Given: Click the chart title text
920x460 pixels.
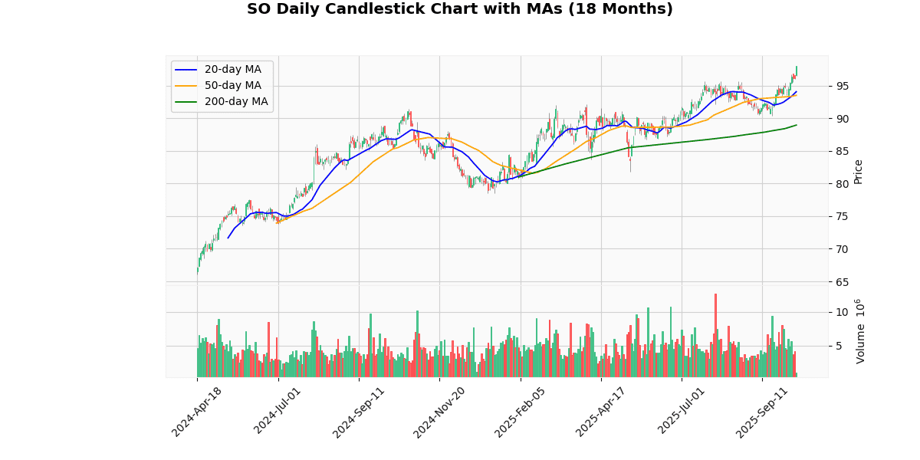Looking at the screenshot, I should pos(459,9).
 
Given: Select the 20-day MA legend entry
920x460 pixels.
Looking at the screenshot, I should pos(232,70).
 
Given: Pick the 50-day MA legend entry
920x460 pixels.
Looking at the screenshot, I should pos(232,86).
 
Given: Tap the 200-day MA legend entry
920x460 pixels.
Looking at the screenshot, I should pos(236,102).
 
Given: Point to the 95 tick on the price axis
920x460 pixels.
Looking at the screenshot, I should pos(842,86).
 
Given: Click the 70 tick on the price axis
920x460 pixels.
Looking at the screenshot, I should pos(842,248).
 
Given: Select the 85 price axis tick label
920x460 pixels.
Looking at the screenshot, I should pos(842,151).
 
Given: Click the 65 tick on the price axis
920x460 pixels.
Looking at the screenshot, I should pos(842,281).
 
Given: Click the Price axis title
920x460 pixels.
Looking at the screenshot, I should pos(859,172).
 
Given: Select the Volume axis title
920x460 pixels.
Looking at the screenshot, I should pos(861,330).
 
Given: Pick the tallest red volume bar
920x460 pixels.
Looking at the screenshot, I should pos(715,335).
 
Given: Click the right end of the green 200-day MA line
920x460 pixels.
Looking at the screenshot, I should pos(797,125).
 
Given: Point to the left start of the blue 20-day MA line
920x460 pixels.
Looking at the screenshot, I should pos(228,238).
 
